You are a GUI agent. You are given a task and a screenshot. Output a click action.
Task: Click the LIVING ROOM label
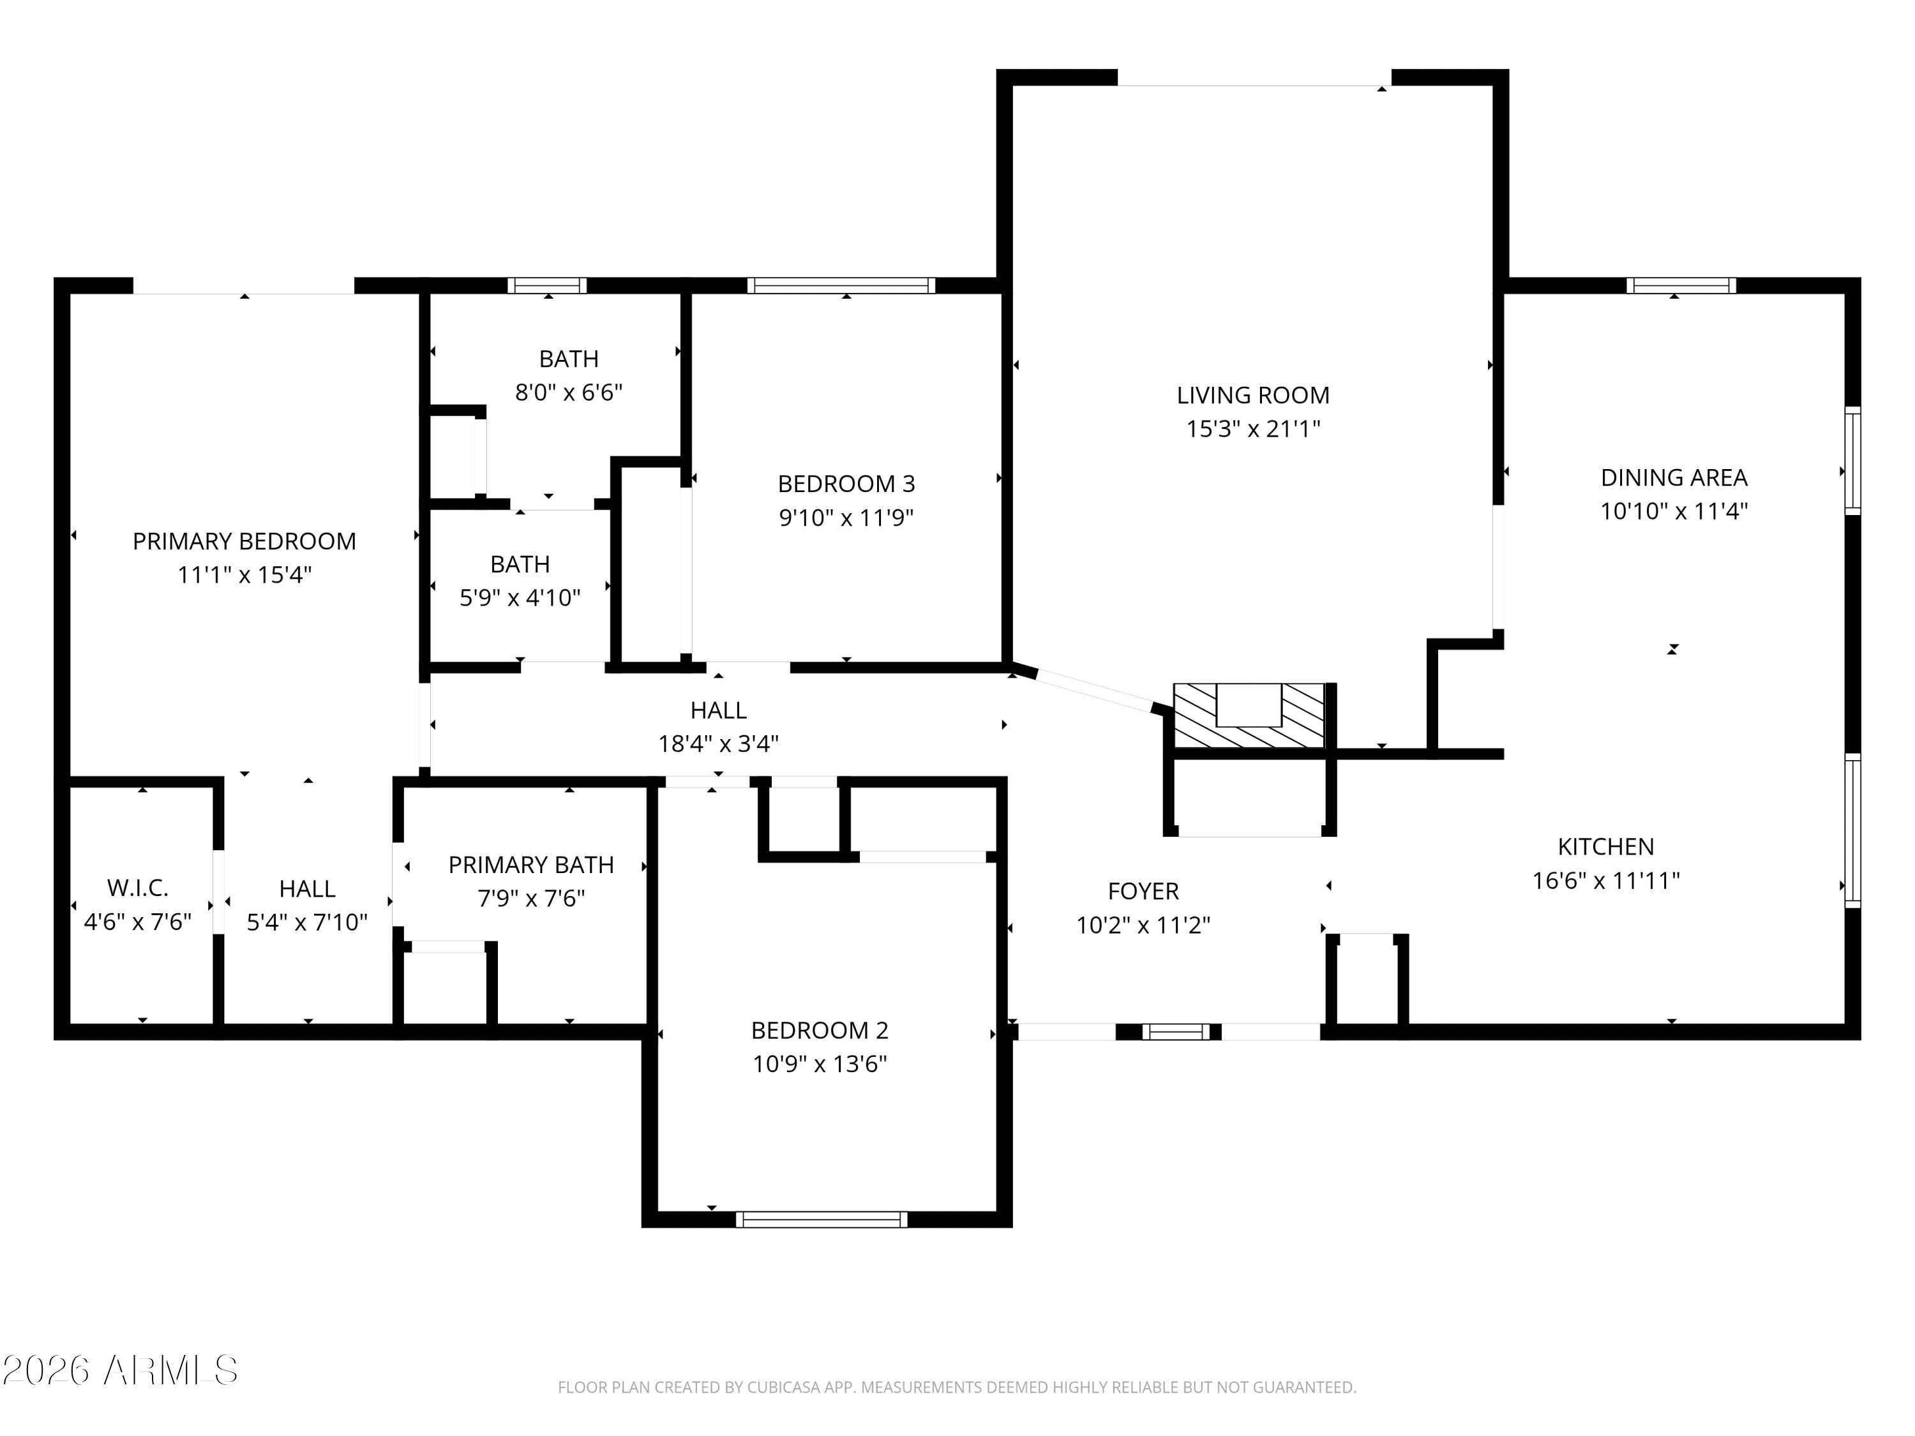point(1252,396)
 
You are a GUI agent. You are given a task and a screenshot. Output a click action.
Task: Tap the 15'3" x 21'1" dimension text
point(1252,428)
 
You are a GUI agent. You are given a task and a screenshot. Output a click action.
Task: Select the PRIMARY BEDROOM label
point(244,542)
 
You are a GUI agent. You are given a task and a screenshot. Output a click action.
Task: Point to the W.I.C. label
point(138,888)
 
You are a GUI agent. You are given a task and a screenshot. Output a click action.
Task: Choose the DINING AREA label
point(1674,478)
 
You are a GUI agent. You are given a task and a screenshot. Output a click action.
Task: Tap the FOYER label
point(1143,892)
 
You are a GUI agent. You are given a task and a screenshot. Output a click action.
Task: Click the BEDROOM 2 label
point(819,1030)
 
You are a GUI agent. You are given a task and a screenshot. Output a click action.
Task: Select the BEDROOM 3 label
point(846,484)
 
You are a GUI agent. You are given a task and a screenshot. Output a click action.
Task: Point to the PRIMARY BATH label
point(530,865)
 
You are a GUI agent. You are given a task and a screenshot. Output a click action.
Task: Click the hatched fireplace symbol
point(1249,716)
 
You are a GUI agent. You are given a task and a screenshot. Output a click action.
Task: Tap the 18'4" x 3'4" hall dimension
point(719,744)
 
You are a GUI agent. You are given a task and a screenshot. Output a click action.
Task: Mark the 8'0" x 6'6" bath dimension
point(569,393)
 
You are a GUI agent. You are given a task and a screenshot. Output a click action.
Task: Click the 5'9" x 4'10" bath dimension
point(520,598)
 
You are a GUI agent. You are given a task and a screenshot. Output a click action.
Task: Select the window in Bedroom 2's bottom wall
point(822,1220)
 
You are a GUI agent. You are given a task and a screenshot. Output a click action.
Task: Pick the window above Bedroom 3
point(841,286)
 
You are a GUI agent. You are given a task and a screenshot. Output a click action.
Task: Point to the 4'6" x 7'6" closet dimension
point(138,922)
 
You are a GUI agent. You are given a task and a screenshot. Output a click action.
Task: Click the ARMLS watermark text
point(121,1370)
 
